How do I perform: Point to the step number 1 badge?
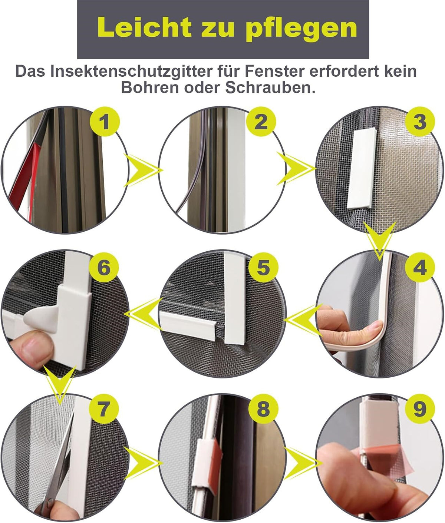pyautogui.click(x=106, y=122)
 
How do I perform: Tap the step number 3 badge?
pyautogui.click(x=419, y=122)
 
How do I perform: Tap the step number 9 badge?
pyautogui.click(x=419, y=409)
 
